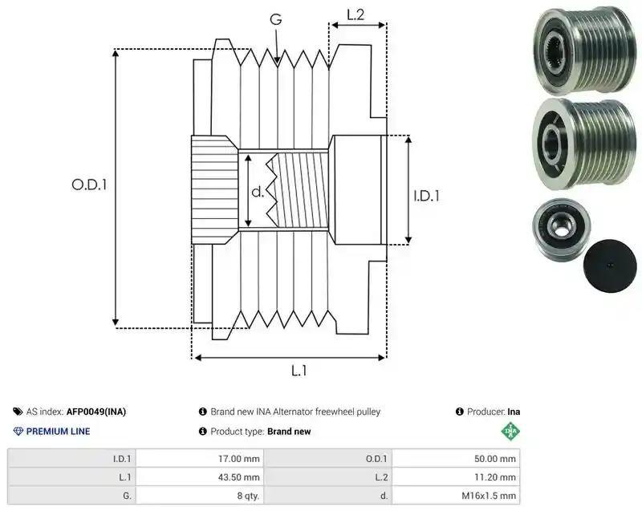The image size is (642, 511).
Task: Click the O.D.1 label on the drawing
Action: [x=89, y=185]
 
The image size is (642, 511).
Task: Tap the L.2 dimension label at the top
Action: [x=356, y=14]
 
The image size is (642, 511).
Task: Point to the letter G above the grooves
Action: [x=276, y=19]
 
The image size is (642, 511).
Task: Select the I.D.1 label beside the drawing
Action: [x=426, y=197]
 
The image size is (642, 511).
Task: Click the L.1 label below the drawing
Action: [x=299, y=371]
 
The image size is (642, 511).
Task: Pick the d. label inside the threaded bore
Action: [x=258, y=192]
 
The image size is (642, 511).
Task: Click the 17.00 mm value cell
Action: [x=200, y=459]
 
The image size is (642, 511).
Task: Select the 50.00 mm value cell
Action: [x=456, y=459]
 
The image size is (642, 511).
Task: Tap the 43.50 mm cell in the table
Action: [x=200, y=477]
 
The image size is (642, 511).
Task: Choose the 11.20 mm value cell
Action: [x=456, y=477]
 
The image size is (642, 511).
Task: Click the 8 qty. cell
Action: [x=200, y=496]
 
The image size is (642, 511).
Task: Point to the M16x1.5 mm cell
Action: [x=456, y=496]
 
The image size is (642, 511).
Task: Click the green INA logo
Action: [x=510, y=432]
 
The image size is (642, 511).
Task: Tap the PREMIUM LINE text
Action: [x=58, y=432]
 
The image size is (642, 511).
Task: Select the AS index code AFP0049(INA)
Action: [x=96, y=412]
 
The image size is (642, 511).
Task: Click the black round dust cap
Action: [x=610, y=266]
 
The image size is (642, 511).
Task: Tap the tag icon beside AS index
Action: [x=18, y=412]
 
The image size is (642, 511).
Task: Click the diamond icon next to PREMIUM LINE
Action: [x=18, y=432]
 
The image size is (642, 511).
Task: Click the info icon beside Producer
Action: [x=459, y=412]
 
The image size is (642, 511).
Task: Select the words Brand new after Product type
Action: [x=289, y=432]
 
